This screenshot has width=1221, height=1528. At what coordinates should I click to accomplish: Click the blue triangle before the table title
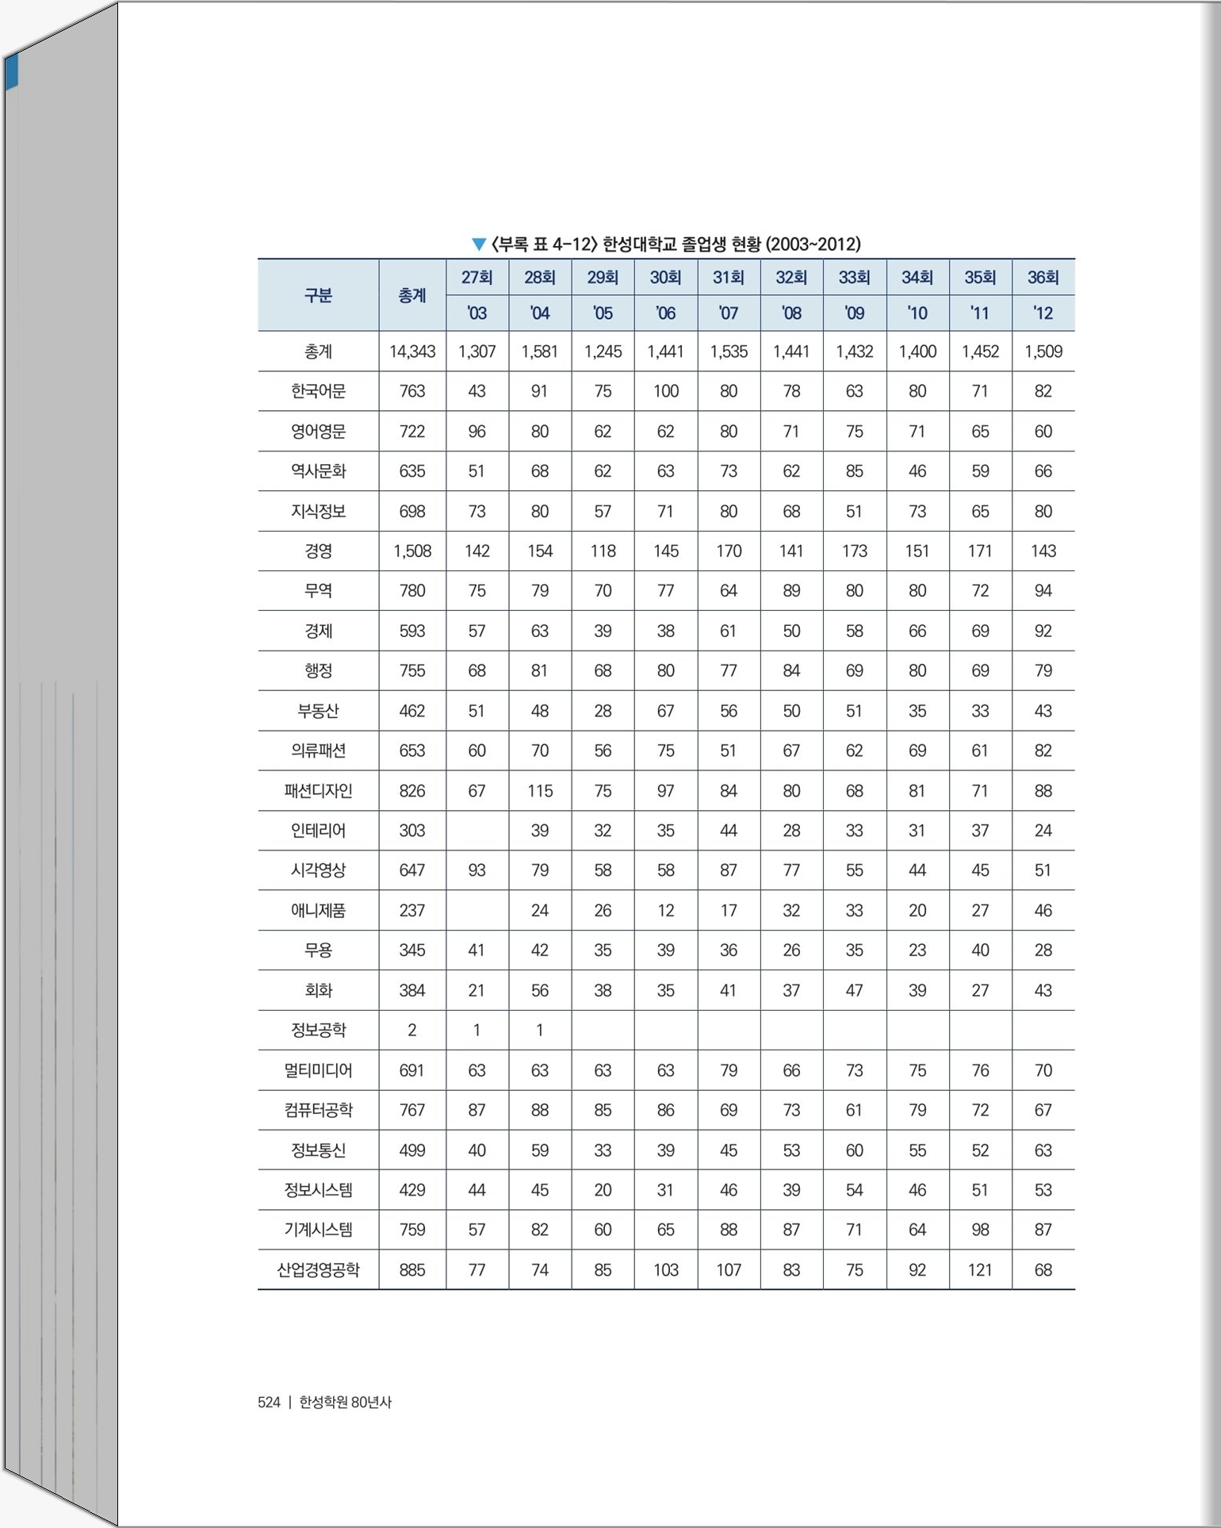click(478, 244)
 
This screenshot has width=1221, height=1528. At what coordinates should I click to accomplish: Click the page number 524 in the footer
click(269, 1402)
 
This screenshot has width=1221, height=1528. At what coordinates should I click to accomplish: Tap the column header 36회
click(1043, 277)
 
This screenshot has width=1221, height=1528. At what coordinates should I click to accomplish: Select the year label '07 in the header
click(728, 313)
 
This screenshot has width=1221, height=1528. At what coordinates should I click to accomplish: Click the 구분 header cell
click(318, 295)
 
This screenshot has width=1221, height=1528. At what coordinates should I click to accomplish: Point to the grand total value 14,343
click(412, 351)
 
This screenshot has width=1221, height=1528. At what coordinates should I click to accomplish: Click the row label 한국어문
click(318, 391)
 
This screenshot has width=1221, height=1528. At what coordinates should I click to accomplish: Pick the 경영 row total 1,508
click(412, 551)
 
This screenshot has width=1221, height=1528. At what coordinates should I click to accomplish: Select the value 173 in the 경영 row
click(854, 551)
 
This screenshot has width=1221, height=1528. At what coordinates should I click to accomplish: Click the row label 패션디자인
click(318, 790)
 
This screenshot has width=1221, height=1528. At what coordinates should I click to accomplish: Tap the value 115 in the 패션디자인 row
click(540, 790)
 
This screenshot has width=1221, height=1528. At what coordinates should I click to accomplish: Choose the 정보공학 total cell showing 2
click(412, 1030)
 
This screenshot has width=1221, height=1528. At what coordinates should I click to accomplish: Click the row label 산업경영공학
click(318, 1269)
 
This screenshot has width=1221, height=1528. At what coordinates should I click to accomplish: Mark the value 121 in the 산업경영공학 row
click(980, 1269)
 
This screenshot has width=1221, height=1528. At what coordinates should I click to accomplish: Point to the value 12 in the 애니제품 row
click(665, 910)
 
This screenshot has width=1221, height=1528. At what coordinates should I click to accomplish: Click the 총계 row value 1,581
click(540, 351)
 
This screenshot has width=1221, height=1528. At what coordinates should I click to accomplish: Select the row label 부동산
click(318, 711)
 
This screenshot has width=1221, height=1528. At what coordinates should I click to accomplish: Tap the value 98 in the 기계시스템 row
click(980, 1230)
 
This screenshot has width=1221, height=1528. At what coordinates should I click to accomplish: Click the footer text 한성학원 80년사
click(345, 1402)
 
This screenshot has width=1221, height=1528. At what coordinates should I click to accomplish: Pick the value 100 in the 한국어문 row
click(665, 391)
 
